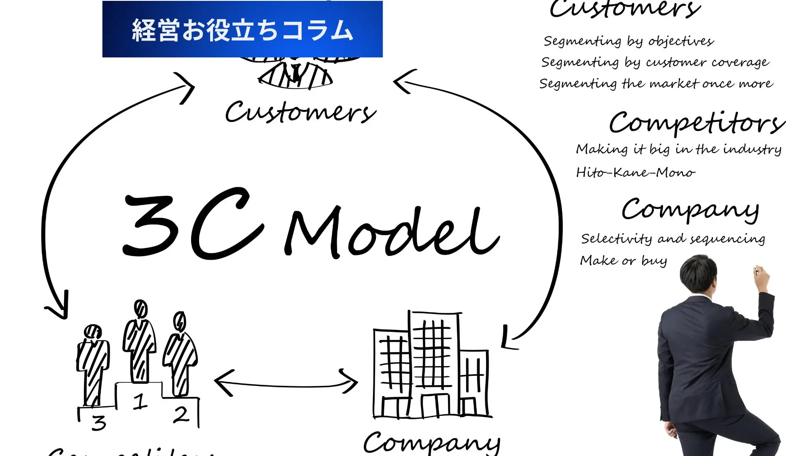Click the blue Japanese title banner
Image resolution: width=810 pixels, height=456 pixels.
coord(242,29)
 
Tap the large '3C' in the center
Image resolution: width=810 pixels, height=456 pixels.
coord(192,224)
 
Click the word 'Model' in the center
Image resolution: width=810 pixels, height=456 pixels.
coord(392,232)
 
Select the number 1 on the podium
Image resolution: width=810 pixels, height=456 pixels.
coord(140,401)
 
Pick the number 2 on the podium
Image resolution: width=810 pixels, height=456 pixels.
coord(181,415)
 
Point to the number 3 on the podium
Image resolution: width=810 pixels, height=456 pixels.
coord(99,423)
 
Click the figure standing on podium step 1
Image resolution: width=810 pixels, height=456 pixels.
coord(140,342)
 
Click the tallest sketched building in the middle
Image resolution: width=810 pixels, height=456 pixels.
coord(434,363)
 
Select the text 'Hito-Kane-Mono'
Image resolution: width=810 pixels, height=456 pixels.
coord(635,172)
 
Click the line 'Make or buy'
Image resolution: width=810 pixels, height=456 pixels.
coord(624,261)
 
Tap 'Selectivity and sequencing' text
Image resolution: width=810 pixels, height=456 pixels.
coord(673,239)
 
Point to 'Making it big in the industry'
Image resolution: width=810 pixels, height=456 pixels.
coord(678,149)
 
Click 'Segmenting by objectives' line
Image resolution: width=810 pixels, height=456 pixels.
coord(629,41)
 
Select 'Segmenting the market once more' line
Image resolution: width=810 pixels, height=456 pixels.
coord(656,83)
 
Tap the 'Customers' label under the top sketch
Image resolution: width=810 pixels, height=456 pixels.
coord(300,112)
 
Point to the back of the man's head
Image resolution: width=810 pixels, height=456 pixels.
coord(698,272)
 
